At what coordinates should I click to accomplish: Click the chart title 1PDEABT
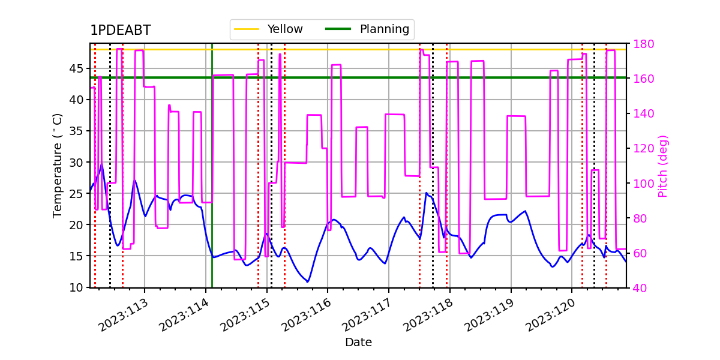tap(120, 30)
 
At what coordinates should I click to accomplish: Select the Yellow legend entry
tap(268, 29)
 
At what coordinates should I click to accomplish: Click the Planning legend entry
tap(367, 29)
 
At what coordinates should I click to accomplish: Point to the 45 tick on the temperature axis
tap(76, 69)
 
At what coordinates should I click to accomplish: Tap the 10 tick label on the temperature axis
tap(76, 287)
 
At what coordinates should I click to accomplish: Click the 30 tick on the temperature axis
tap(76, 163)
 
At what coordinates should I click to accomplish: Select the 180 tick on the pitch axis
tap(643, 44)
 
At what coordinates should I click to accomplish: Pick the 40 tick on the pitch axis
tap(640, 288)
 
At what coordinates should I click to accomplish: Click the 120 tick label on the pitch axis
tap(643, 149)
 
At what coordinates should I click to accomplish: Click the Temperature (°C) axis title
tap(57, 166)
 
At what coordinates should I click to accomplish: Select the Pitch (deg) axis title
tap(663, 166)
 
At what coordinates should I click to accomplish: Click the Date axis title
tap(358, 343)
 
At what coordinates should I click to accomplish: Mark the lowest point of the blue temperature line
tap(308, 282)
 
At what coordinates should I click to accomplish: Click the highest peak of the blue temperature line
tap(102, 164)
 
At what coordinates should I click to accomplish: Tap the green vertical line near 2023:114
tap(212, 165)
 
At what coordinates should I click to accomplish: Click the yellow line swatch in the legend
tap(247, 29)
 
